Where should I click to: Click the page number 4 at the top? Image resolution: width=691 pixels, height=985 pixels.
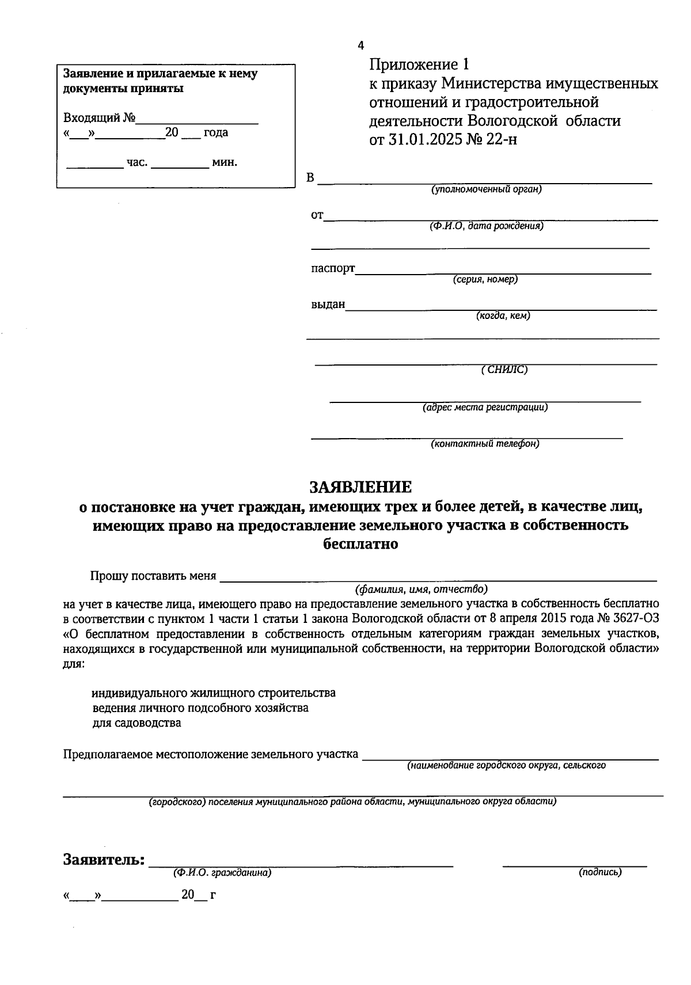tap(360, 45)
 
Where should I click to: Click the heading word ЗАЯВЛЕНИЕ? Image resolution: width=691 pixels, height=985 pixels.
tap(361, 488)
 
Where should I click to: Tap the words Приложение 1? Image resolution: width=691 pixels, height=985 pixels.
tap(420, 64)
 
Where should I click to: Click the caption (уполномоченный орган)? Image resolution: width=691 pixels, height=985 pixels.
tap(487, 189)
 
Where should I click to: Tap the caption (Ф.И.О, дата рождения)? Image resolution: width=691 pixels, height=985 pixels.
tap(485, 226)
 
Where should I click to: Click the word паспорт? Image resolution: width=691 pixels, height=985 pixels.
tap(333, 268)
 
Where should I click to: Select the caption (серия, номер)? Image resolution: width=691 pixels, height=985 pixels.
tap(485, 279)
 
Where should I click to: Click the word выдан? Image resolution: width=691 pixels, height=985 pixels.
tap(328, 304)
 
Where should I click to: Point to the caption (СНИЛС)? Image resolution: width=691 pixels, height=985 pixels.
tap(504, 370)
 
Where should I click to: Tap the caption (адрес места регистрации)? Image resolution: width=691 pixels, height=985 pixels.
tap(485, 407)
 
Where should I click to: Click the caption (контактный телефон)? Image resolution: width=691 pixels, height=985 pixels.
tap(485, 443)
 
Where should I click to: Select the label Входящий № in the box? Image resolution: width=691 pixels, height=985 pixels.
tap(99, 118)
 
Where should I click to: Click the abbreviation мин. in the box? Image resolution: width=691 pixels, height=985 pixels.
tap(225, 162)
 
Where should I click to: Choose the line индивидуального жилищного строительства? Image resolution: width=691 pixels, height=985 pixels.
tap(214, 693)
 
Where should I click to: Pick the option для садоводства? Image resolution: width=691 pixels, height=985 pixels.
tap(136, 722)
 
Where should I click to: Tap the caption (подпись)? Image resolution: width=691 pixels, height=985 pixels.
tap(600, 872)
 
